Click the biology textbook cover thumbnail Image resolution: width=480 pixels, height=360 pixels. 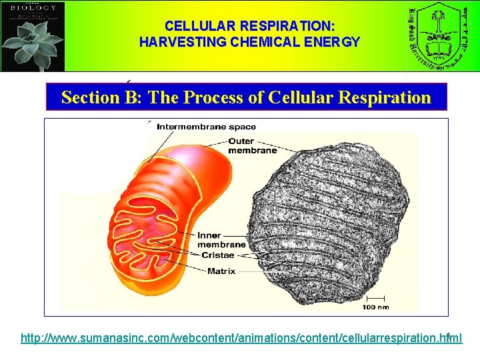pos(33,36)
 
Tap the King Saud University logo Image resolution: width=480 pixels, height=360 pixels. pos(442,36)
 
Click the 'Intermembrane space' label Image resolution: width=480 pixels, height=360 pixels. pos(206,127)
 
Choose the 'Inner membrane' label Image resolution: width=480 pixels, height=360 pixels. pos(221,240)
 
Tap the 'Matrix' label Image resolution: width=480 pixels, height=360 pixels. pos(221,271)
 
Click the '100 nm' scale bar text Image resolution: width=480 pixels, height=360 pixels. pos(375,307)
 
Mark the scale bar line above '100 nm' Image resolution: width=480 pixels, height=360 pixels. pos(375,297)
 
